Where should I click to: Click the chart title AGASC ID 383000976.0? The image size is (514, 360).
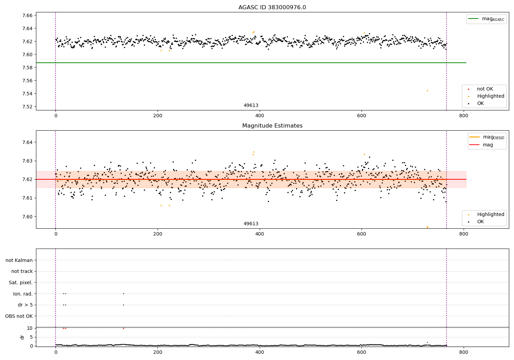[x=272, y=8]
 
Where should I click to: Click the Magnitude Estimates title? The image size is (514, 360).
[x=272, y=126]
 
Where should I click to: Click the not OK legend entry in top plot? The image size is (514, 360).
[x=485, y=89]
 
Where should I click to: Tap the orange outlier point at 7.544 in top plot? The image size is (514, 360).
[x=427, y=91]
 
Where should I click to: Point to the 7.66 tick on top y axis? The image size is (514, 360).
[x=28, y=15]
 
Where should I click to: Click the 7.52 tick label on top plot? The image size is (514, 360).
[x=28, y=107]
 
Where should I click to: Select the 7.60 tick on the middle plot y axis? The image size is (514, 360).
[x=28, y=217]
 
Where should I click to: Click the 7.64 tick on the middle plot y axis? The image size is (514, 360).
[x=28, y=142]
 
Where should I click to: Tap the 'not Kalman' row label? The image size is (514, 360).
[x=19, y=260]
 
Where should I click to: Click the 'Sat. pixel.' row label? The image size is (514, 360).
[x=21, y=283]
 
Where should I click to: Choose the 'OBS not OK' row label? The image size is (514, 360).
[x=19, y=316]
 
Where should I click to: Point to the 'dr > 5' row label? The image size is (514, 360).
[x=25, y=305]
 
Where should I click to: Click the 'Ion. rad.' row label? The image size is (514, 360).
[x=23, y=294]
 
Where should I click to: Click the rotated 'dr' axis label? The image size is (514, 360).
[x=22, y=337]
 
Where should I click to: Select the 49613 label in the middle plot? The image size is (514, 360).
[x=251, y=224]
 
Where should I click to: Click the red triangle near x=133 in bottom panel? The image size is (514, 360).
[x=123, y=328]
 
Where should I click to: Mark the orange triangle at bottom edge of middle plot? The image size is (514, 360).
[x=427, y=227]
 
